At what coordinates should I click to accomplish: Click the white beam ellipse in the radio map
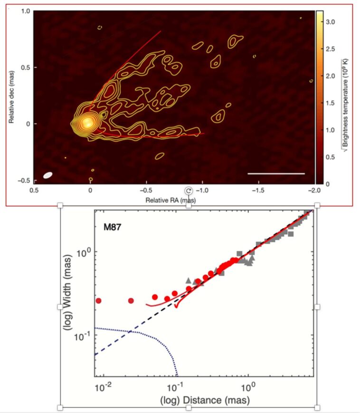(x=47, y=175)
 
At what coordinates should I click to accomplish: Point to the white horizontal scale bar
(x=276, y=173)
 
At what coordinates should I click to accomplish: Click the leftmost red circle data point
(x=99, y=300)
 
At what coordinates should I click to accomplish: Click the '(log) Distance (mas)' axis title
(x=205, y=400)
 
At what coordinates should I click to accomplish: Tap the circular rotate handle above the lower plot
(x=189, y=191)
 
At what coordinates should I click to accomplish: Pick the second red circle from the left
(x=131, y=300)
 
